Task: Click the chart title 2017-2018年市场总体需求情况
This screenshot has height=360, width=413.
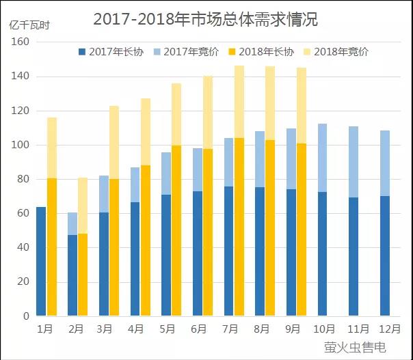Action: (x=205, y=19)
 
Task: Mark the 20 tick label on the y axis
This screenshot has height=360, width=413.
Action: (x=23, y=282)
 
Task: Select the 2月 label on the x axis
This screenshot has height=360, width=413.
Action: (x=77, y=329)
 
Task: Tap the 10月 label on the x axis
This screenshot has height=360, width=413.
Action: (x=323, y=329)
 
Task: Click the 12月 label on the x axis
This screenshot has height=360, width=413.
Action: (x=385, y=329)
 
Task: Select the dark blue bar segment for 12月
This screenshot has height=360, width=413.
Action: (x=385, y=256)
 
